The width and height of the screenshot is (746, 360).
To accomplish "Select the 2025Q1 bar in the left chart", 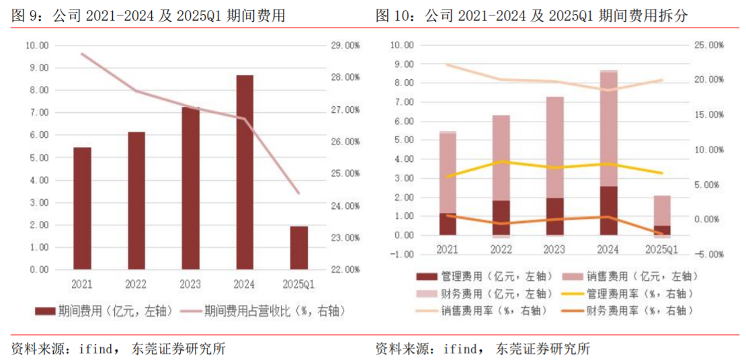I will [299, 248].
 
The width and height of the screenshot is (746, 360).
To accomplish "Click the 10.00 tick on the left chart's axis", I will [37, 46].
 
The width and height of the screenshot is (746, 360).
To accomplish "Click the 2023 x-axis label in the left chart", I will [191, 285].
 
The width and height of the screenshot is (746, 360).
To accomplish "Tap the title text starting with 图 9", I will [148, 15].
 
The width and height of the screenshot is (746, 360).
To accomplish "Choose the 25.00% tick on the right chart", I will [708, 45].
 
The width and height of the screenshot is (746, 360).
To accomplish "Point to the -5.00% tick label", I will [708, 255].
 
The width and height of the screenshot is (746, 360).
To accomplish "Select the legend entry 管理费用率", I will [628, 294].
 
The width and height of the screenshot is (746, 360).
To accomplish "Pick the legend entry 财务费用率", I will [628, 311].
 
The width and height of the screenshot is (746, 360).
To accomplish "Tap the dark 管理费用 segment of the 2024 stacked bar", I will [609, 210].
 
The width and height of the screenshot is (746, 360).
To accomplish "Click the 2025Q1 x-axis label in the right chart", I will [662, 249].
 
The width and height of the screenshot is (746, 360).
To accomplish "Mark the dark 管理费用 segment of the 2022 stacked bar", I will [501, 218].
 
